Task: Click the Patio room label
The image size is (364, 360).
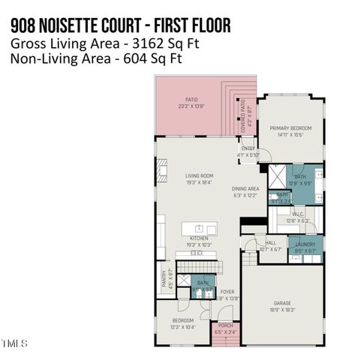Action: click(x=193, y=100)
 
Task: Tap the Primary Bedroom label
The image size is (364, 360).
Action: click(x=290, y=129)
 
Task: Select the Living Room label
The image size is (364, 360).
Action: click(x=200, y=177)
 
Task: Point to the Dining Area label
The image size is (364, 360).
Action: click(x=245, y=190)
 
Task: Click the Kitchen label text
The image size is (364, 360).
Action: click(x=199, y=239)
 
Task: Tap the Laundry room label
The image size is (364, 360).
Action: click(x=305, y=244)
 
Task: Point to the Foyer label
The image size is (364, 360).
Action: click(x=227, y=292)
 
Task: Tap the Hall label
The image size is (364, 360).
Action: click(x=271, y=243)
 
